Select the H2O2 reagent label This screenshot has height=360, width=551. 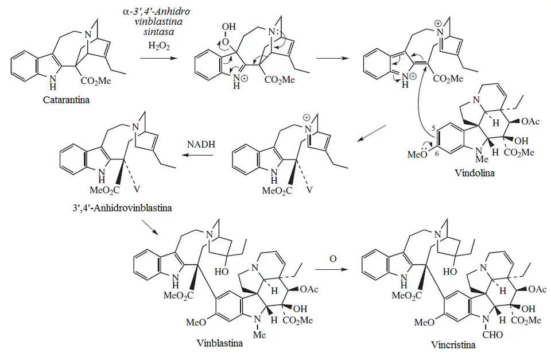[x=152, y=44]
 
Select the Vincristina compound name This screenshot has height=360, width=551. [x=453, y=345]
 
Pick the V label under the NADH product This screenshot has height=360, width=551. [x=135, y=187]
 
